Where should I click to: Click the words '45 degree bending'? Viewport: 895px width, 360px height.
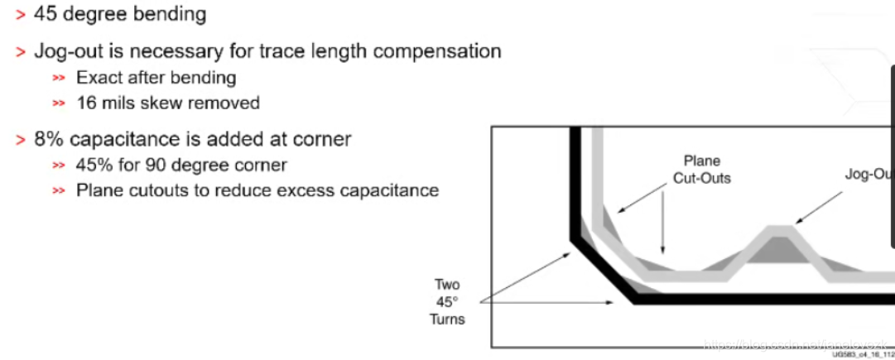(120, 14)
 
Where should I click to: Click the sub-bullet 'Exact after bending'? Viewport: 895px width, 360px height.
(156, 77)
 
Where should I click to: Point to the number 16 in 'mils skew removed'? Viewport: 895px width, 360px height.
(86, 103)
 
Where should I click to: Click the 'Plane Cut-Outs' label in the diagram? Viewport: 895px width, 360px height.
(701, 168)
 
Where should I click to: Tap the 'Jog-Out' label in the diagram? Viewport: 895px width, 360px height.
(868, 175)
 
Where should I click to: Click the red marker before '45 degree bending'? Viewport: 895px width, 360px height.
(21, 15)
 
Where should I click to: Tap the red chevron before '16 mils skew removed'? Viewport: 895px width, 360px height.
(58, 103)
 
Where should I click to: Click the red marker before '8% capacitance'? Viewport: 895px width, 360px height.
(21, 140)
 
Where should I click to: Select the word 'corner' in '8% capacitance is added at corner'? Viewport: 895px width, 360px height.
(324, 139)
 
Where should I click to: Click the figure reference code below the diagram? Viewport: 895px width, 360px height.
(861, 354)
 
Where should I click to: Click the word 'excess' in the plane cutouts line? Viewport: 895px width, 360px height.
(304, 190)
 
